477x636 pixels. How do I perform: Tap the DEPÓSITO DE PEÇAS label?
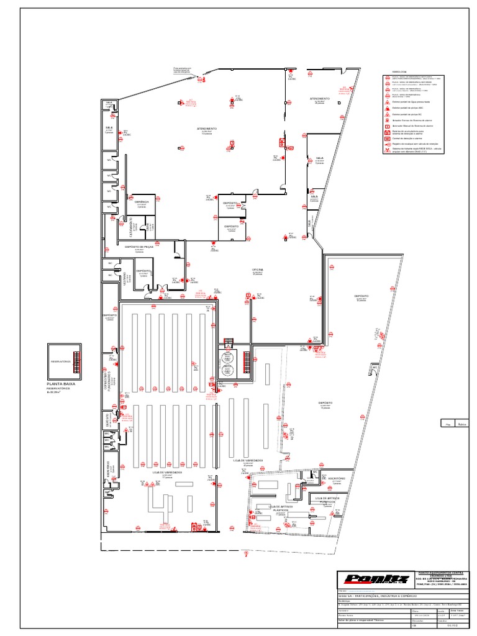pos(139,247)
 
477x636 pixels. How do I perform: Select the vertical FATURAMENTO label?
pos(131,228)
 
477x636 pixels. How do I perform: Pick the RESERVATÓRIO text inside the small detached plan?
pos(60,360)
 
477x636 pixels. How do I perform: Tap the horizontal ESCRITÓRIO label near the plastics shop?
pos(336,478)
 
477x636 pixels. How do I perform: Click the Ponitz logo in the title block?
pos(369,580)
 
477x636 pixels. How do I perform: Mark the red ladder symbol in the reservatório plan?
pos(76,360)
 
